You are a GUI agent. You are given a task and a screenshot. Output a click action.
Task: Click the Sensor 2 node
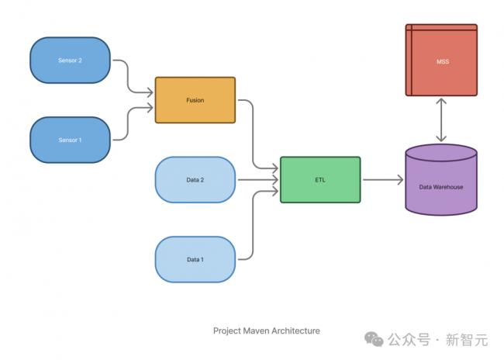(70, 60)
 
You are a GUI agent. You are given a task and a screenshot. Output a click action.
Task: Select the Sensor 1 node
(70, 140)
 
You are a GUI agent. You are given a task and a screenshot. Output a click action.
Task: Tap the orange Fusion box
(195, 100)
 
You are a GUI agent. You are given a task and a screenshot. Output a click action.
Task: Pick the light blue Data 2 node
(195, 179)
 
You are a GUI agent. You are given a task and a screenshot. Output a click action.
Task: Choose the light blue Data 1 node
(195, 259)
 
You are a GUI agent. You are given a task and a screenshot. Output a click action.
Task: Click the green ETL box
(319, 179)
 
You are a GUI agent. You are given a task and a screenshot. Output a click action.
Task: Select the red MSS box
(441, 61)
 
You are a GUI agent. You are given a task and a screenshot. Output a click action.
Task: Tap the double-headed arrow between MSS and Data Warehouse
(441, 120)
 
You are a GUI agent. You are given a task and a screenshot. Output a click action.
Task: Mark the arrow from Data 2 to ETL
(256, 180)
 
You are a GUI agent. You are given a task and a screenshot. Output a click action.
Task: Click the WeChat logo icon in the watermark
(375, 339)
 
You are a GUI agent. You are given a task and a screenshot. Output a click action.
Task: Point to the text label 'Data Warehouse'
(441, 187)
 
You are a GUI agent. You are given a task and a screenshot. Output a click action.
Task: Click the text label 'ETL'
(319, 179)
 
